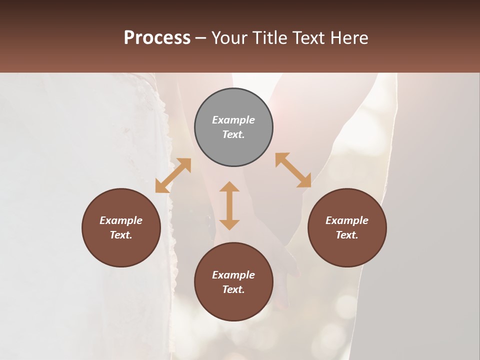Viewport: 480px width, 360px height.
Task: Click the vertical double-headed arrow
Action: pos(229,205)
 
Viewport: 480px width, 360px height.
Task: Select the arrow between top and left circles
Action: pos(173,175)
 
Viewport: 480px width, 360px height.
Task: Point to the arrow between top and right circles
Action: pos(293,170)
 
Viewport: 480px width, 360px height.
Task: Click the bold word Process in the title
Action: pos(157,37)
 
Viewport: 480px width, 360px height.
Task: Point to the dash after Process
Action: pos(201,38)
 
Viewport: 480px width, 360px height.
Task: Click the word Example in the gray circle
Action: pos(233,120)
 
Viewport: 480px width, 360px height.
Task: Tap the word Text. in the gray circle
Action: pos(233,134)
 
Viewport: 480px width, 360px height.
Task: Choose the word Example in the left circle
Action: pos(121,220)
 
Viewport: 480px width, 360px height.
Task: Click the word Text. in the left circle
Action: pos(121,235)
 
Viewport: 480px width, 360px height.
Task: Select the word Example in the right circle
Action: pos(347,220)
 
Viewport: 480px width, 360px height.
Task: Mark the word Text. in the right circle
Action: pos(347,235)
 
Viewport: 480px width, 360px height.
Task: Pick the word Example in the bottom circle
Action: pos(233,275)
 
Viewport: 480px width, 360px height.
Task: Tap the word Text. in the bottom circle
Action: pos(233,289)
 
